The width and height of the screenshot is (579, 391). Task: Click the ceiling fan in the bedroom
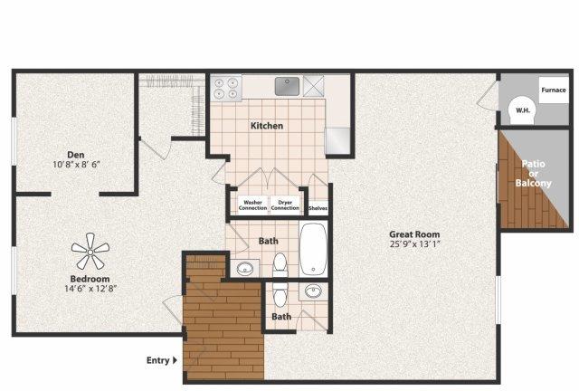pos(90,252)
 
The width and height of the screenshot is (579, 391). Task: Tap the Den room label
pos(76,155)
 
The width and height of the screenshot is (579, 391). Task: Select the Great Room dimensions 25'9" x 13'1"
pos(414,243)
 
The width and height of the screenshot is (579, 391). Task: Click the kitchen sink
pos(288,86)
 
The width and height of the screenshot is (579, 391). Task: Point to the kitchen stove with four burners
pos(225,88)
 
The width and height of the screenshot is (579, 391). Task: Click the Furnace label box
pos(554,90)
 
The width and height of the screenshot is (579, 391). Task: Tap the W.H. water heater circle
pos(523,110)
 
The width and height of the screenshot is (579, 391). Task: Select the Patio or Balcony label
pos(533,174)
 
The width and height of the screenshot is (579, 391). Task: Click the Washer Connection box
pos(252,205)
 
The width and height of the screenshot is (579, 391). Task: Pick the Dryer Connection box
pos(285,205)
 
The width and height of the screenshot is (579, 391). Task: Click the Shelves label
pos(318,208)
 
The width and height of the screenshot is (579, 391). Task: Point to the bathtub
pos(313,249)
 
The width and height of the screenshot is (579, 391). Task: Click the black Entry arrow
pos(175,360)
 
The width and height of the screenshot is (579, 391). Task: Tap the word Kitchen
pos(267,126)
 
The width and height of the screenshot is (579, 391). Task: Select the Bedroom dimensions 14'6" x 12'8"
pos(90,288)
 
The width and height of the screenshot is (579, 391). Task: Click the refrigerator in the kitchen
pos(337,141)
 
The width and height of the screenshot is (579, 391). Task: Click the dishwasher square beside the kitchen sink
pos(313,86)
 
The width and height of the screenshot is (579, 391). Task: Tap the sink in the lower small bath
pos(313,292)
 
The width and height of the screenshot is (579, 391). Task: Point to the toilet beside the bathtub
pos(280,264)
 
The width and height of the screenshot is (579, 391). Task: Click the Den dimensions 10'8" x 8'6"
pos(77,164)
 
